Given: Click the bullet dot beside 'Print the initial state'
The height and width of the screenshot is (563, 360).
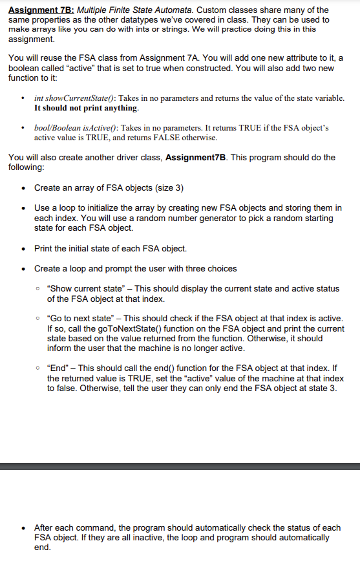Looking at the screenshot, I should (x=24, y=248).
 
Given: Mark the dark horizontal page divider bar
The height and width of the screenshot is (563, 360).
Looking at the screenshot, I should (x=180, y=465).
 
